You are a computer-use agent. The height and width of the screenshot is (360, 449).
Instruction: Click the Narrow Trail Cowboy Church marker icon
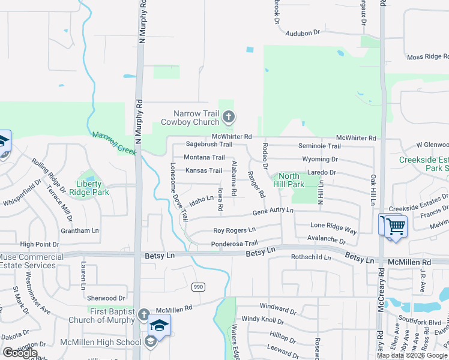[228, 117]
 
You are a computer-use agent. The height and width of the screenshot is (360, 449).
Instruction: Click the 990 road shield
[198, 287]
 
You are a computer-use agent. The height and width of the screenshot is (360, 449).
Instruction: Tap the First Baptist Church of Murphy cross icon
[143, 314]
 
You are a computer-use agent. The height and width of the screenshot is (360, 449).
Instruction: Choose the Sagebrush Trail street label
[208, 144]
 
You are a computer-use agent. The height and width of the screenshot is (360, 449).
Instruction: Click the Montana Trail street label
[204, 157]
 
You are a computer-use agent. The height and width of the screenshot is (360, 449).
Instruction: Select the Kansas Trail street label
[203, 170]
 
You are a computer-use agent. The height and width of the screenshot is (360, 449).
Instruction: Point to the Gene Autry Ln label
[273, 211]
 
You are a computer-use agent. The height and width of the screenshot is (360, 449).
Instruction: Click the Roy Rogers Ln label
[234, 230]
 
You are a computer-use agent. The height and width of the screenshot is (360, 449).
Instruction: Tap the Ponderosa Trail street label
[234, 244]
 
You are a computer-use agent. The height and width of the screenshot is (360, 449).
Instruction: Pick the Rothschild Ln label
[311, 257]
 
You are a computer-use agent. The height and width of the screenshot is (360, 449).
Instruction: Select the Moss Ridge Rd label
[427, 57]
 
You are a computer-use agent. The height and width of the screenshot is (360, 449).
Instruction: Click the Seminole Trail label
[320, 146]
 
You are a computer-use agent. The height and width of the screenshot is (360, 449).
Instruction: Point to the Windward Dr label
[278, 308]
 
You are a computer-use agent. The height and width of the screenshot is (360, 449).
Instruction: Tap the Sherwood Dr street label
[106, 298]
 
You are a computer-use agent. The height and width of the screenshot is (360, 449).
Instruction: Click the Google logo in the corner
[20, 353]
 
